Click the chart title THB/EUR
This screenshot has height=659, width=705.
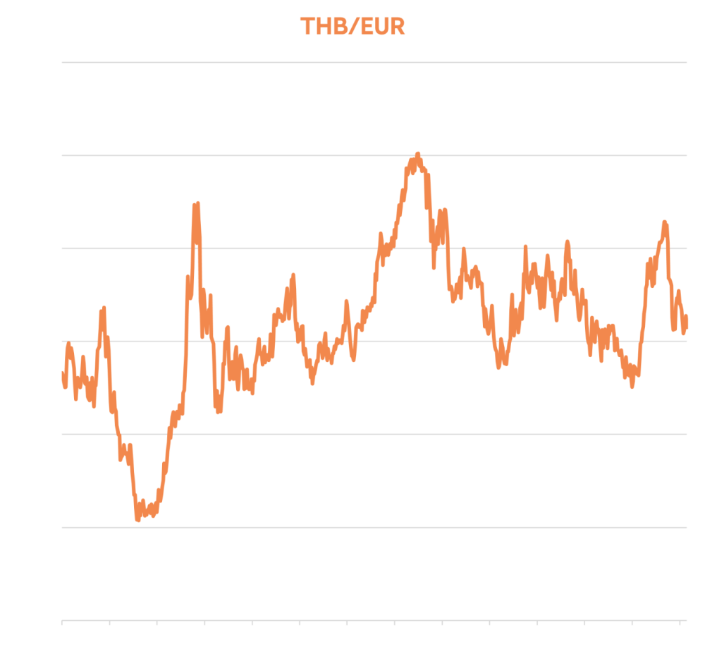[352, 27]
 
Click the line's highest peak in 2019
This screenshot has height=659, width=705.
[418, 153]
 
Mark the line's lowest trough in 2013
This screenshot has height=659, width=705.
[137, 520]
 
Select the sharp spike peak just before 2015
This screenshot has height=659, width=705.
[197, 203]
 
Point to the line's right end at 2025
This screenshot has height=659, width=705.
[686, 322]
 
